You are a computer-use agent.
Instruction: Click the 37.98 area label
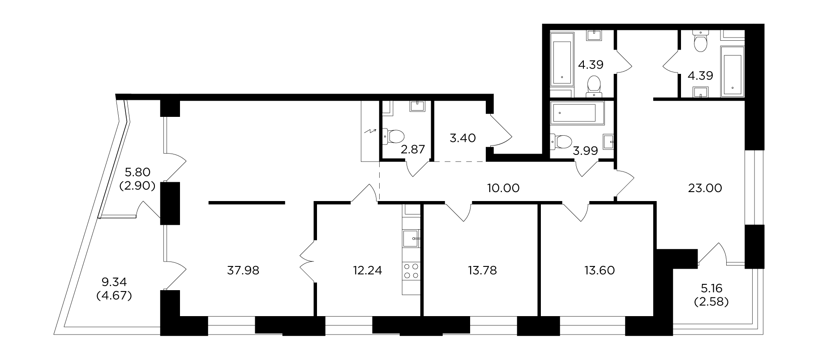(x=243, y=270)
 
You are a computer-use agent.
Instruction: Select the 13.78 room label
(x=482, y=270)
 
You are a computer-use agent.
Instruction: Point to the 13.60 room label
(x=600, y=270)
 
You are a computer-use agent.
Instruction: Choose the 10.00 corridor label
(x=503, y=188)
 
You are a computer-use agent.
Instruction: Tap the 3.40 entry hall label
(x=462, y=137)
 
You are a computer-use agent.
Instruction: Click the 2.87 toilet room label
(x=412, y=149)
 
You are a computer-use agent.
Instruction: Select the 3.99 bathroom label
(x=585, y=151)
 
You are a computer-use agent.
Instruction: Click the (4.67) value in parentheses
(x=114, y=296)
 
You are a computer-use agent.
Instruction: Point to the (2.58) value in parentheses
(x=711, y=301)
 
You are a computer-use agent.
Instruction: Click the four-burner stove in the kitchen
(x=411, y=270)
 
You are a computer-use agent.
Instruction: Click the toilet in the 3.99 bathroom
(x=561, y=141)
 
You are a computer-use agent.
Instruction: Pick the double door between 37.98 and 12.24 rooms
(x=307, y=261)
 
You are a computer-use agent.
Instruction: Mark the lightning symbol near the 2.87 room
(x=370, y=132)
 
